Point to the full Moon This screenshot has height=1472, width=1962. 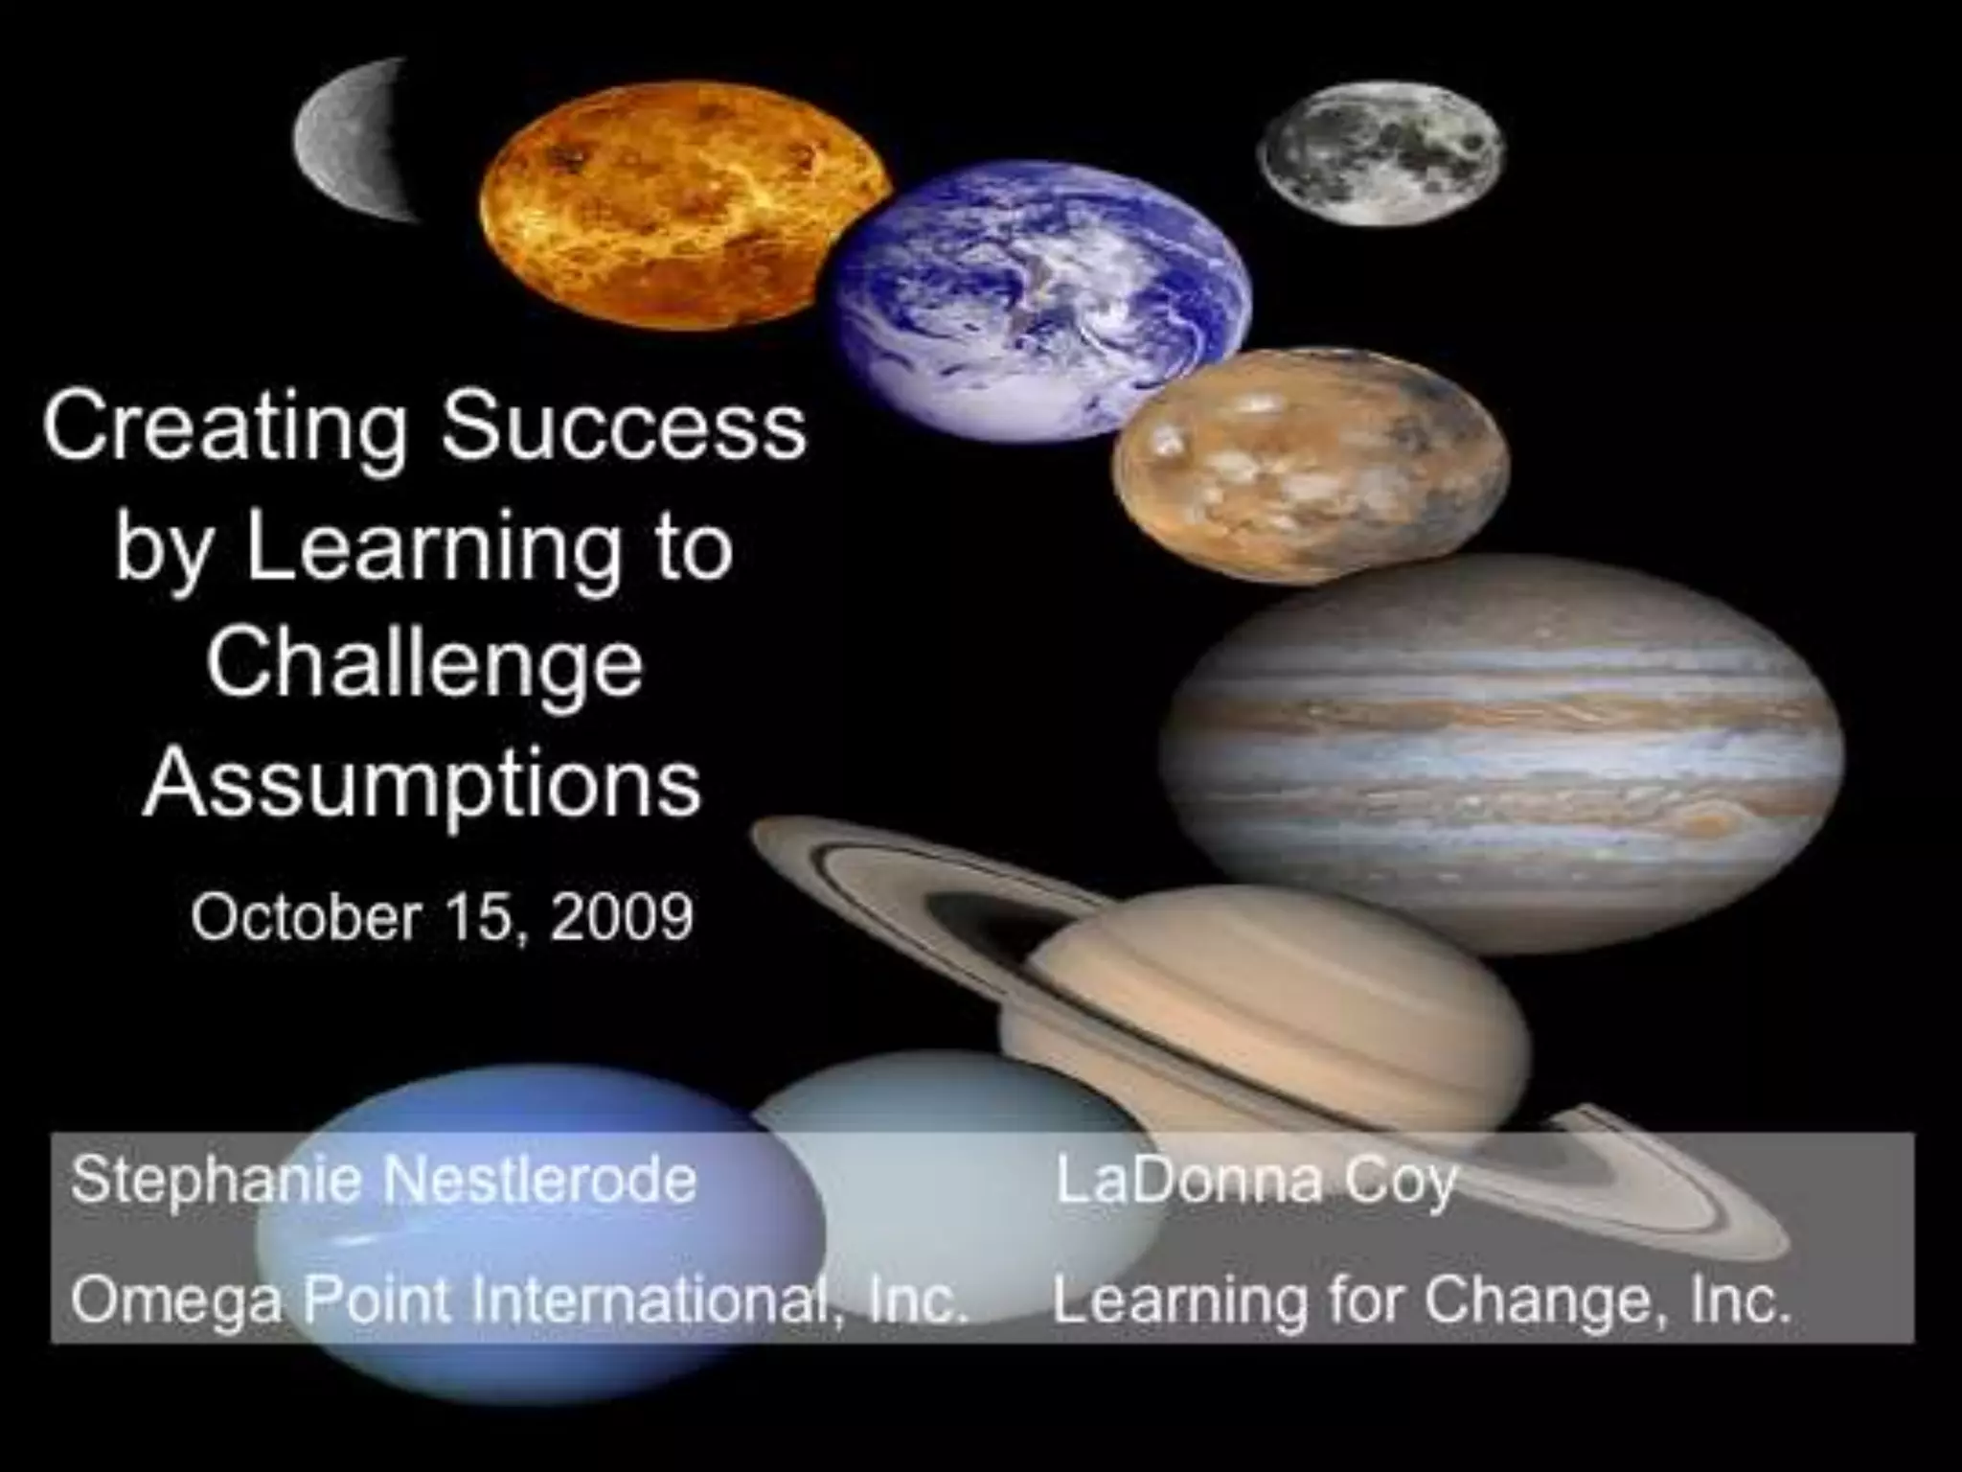(1381, 153)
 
